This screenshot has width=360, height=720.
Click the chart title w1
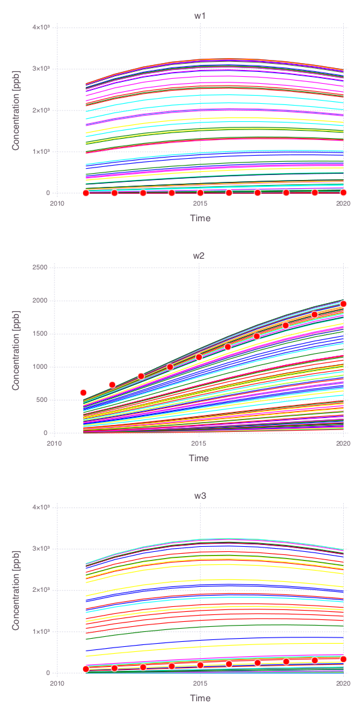pyautogui.click(x=200, y=16)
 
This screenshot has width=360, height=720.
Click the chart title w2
pyautogui.click(x=200, y=255)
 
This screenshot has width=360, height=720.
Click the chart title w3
pyautogui.click(x=200, y=496)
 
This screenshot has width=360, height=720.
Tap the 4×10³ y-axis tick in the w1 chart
pyautogui.click(x=41, y=27)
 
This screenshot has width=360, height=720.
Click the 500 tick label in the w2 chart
pyautogui.click(x=44, y=400)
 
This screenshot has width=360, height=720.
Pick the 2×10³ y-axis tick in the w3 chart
pyautogui.click(x=41, y=589)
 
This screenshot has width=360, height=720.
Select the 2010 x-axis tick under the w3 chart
pyautogui.click(x=56, y=684)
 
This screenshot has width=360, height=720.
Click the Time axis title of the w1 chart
pyautogui.click(x=200, y=218)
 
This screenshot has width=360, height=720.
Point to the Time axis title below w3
pyautogui.click(x=200, y=698)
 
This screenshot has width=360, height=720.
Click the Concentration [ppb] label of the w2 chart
pyautogui.click(x=16, y=350)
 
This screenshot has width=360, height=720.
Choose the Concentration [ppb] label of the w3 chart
pyautogui.click(x=16, y=590)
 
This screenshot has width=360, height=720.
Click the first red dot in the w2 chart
pyautogui.click(x=83, y=392)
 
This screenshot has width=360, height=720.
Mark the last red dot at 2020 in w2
pyautogui.click(x=343, y=304)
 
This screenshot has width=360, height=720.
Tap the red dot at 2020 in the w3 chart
pyautogui.click(x=343, y=659)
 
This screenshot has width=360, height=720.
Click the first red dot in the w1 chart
pyautogui.click(x=86, y=193)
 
